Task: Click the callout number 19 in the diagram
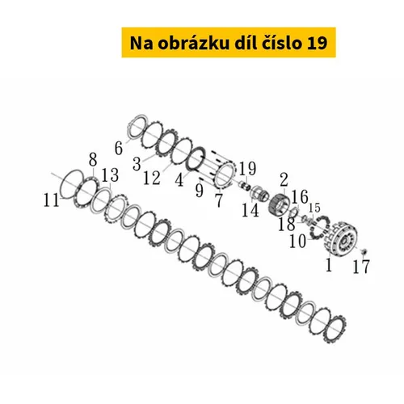pyautogui.click(x=247, y=169)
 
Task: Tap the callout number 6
pyautogui.click(x=119, y=148)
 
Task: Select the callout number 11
pyautogui.click(x=51, y=200)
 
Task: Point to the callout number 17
pyautogui.click(x=361, y=267)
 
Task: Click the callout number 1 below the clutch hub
pyautogui.click(x=329, y=265)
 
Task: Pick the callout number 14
pyautogui.click(x=250, y=210)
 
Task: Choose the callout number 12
pyautogui.click(x=152, y=178)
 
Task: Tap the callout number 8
pyautogui.click(x=93, y=159)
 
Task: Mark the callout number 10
pyautogui.click(x=297, y=241)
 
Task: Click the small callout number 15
pyautogui.click(x=314, y=208)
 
